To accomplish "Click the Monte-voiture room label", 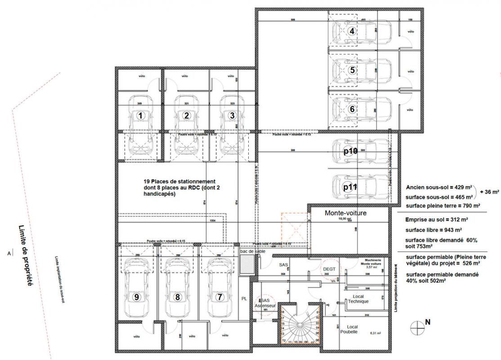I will tap(345, 213).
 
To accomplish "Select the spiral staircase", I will tap(299, 327).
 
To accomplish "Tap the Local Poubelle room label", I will tap(349, 329).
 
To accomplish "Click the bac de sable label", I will tap(253, 252).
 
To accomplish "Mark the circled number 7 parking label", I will tap(219, 297).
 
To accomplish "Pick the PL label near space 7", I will tap(244, 297).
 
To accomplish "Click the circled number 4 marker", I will tap(352, 31).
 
